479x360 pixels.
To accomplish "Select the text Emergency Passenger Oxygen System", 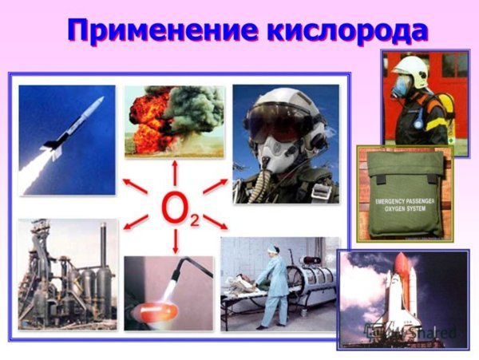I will point(404,200).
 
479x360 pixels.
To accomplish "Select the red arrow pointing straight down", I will point(175,243).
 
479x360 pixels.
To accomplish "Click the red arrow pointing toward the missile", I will point(136,188).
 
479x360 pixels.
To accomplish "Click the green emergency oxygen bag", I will point(404,196).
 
